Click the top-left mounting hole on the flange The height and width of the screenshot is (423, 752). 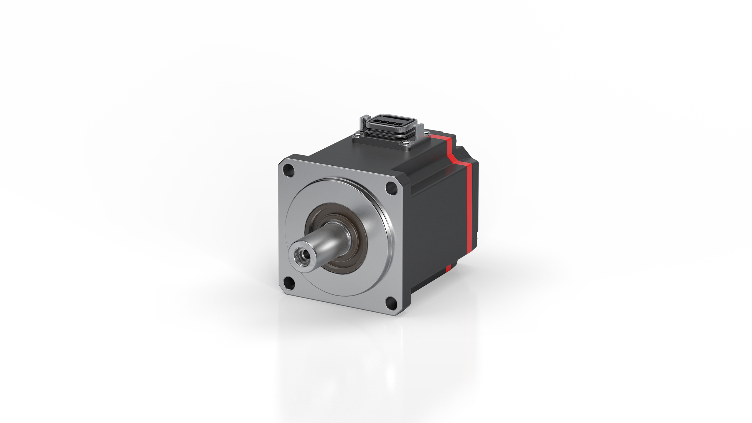[x=288, y=170]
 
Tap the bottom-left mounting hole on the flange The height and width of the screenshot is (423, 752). [x=289, y=283]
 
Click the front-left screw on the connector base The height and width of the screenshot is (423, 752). [x=357, y=135]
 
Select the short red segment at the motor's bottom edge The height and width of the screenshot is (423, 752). [x=448, y=268]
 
